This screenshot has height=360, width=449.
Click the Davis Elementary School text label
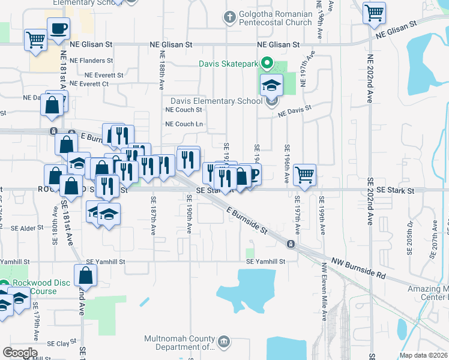click(x=216, y=101)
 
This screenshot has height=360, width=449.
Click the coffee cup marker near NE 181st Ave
click(x=59, y=28)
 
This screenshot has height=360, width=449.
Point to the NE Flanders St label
click(x=91, y=61)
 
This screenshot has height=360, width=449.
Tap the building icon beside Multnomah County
click(x=224, y=342)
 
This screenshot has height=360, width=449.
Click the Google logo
click(x=20, y=353)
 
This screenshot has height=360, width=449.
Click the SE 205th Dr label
click(x=410, y=234)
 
